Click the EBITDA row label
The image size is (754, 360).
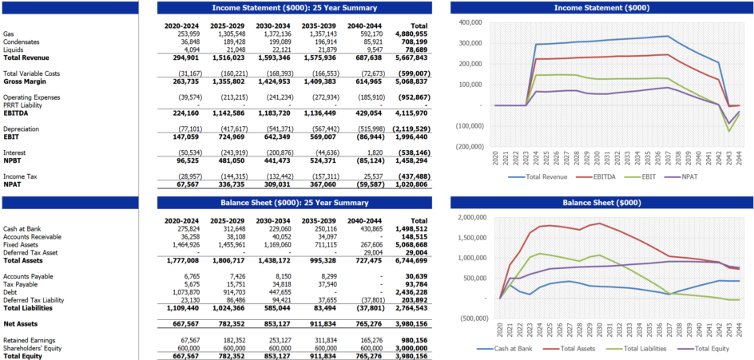tap(16, 113)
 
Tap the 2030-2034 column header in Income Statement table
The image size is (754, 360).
tap(274, 26)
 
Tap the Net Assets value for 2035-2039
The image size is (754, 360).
tap(320, 323)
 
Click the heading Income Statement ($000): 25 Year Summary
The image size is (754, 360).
tap(294, 8)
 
